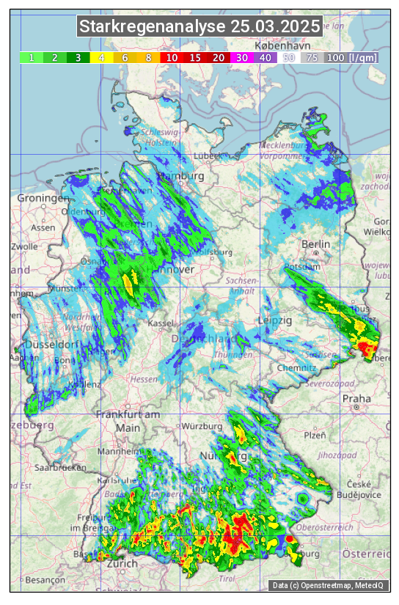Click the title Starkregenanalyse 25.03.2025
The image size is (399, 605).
pyautogui.click(x=199, y=27)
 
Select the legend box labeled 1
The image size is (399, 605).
pyautogui.click(x=32, y=57)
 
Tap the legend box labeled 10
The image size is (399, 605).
pyautogui.click(x=172, y=57)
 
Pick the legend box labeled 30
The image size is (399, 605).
pyautogui.click(x=241, y=57)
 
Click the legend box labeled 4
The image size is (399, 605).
pyautogui.click(x=101, y=57)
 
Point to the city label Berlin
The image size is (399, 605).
pyautogui.click(x=316, y=244)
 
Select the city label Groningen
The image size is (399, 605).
pyautogui.click(x=38, y=199)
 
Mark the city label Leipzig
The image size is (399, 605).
pyautogui.click(x=275, y=320)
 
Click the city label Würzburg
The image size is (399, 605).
pyautogui.click(x=202, y=426)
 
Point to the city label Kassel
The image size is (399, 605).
pyautogui.click(x=160, y=323)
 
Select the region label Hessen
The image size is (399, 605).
pyautogui.click(x=143, y=379)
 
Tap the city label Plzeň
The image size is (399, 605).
pyautogui.click(x=315, y=435)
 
